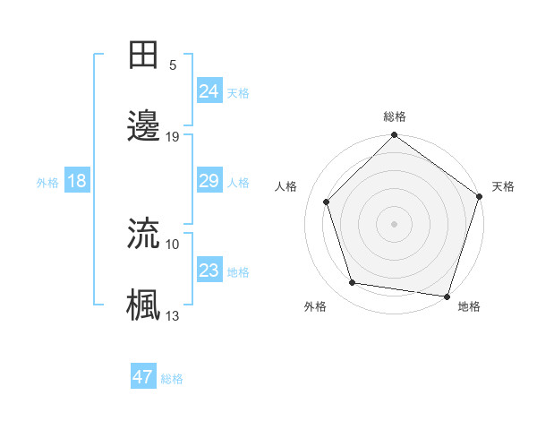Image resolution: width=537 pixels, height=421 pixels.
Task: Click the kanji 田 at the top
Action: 145,54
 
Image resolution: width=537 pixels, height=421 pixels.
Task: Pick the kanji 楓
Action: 145,305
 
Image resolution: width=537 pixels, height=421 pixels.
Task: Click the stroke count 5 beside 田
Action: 172,64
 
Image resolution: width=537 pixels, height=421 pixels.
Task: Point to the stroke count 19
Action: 173,136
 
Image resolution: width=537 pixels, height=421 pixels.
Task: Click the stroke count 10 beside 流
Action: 173,243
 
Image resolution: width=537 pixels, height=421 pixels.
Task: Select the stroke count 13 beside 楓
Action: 173,314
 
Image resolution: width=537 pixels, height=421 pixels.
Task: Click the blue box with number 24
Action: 209,90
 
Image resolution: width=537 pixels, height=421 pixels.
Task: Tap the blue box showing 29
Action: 209,181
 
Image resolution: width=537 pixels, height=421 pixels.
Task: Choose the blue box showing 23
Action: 209,270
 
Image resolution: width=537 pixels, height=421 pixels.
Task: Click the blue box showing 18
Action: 77,181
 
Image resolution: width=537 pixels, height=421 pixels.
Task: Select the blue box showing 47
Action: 142,377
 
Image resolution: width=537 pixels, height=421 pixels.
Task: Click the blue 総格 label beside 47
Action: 172,379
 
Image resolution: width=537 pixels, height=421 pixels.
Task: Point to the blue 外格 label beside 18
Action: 47,183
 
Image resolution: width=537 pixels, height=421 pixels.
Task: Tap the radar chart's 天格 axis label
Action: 504,186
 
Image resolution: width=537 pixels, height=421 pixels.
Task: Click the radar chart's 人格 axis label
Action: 286,186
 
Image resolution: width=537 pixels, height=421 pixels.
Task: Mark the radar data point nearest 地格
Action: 447,296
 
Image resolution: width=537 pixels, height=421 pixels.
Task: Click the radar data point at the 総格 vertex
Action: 394,136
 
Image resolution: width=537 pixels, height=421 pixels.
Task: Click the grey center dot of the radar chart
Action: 394,223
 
